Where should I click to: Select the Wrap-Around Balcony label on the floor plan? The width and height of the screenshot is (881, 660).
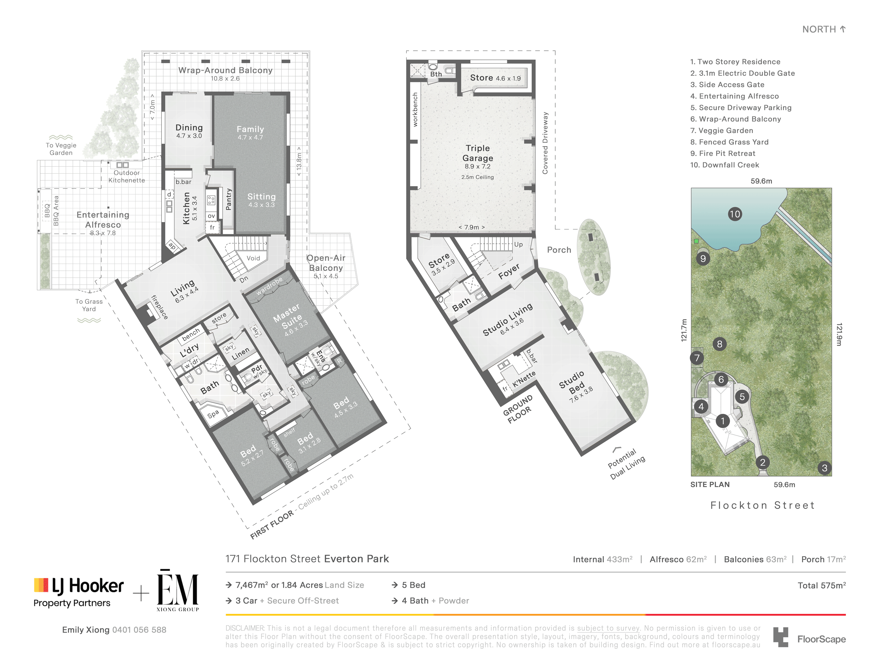pos(225,70)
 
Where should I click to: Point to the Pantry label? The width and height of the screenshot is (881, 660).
pos(229,199)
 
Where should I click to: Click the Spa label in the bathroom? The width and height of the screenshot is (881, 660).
pos(213,414)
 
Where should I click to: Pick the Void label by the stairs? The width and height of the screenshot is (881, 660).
pos(253,258)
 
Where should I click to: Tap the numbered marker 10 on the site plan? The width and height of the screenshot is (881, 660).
pos(735,214)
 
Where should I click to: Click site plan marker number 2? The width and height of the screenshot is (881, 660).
pos(763,462)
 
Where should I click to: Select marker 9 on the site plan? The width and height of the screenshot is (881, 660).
pos(703,259)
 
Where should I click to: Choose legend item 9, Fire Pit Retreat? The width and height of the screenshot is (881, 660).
pos(723,154)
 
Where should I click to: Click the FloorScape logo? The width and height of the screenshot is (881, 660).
pos(809,637)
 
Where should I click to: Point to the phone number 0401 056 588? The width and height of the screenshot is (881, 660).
pos(139,630)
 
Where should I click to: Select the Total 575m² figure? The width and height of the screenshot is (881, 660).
pos(822,585)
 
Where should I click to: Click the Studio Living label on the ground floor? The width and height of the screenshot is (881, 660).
pos(507,319)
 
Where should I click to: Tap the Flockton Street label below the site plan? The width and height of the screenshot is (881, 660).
pos(762,505)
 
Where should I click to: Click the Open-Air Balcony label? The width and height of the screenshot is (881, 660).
pos(326,263)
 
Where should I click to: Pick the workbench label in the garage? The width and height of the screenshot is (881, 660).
pos(415,109)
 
